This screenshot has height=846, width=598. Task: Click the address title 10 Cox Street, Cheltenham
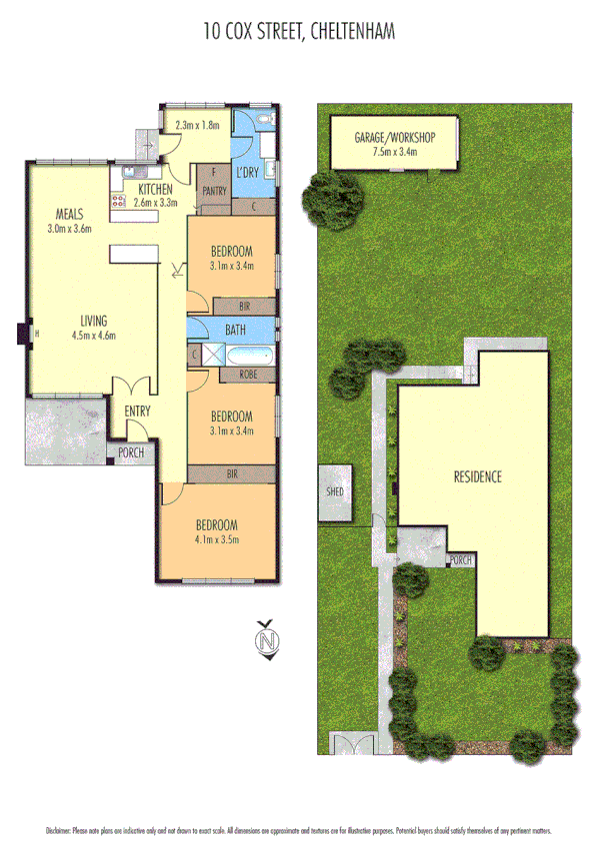pyautogui.click(x=299, y=32)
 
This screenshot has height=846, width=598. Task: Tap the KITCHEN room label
pyautogui.click(x=157, y=189)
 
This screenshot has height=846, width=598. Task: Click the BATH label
pyautogui.click(x=236, y=329)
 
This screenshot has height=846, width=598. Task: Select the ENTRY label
pyautogui.click(x=137, y=412)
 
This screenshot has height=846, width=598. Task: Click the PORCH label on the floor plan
pyautogui.click(x=131, y=452)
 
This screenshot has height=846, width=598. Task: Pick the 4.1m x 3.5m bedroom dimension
pyautogui.click(x=216, y=540)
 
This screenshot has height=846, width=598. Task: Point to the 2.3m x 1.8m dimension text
pyautogui.click(x=196, y=126)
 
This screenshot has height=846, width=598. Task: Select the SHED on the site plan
pyautogui.click(x=337, y=493)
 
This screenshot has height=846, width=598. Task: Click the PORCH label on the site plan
pyautogui.click(x=460, y=560)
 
